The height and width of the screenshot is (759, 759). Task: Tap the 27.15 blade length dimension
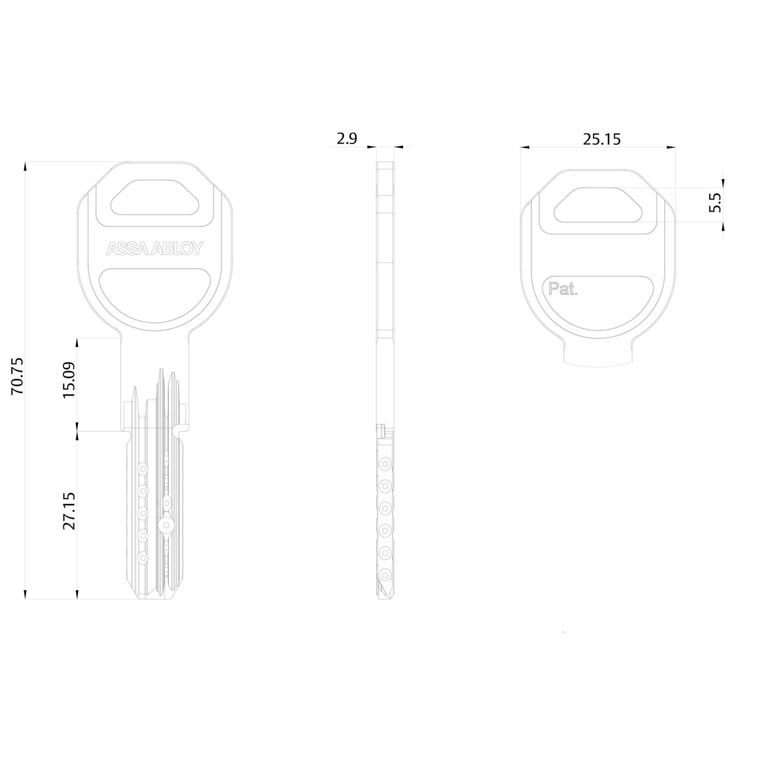[x=69, y=511]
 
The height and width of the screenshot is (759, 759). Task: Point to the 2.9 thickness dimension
[x=346, y=139]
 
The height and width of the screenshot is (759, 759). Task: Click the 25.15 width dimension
[x=601, y=139]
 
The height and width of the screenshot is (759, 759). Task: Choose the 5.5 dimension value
[x=715, y=203]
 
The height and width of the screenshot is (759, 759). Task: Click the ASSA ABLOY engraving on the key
[x=154, y=248]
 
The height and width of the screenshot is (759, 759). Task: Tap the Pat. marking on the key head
[x=563, y=290]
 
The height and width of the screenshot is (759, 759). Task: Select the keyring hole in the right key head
[x=598, y=205]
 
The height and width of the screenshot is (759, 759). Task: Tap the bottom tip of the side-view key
[x=385, y=597]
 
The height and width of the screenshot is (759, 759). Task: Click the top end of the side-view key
[x=385, y=165]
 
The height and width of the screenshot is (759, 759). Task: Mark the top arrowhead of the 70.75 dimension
[x=25, y=166]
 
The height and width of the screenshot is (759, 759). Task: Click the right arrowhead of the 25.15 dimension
[x=671, y=147]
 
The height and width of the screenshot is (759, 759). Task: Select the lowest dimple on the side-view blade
[x=385, y=574]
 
